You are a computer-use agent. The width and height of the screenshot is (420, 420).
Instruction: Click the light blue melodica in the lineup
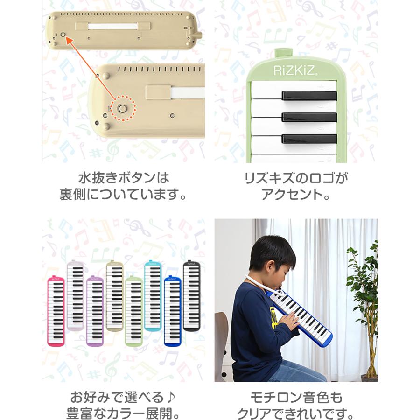(x=152, y=296)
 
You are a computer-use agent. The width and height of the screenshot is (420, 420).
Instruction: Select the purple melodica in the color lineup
(x=95, y=310)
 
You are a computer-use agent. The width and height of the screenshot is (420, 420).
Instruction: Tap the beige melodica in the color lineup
(x=114, y=296)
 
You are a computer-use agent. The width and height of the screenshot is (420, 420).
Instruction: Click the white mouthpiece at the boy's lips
(x=271, y=286)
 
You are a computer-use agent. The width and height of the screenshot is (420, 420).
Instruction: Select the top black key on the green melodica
(x=309, y=95)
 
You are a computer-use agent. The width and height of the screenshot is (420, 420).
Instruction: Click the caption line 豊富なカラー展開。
(x=123, y=413)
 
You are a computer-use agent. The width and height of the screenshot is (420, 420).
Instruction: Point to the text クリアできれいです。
(x=296, y=413)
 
